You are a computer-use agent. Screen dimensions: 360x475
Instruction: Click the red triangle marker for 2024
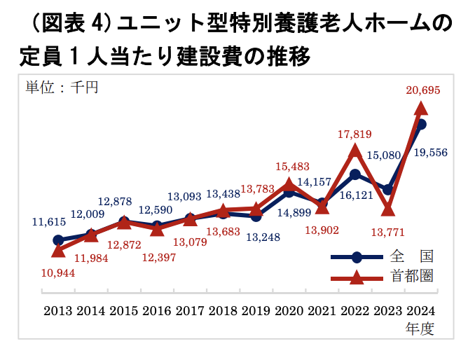[421, 107]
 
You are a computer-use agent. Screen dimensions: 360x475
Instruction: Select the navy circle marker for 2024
[421, 124]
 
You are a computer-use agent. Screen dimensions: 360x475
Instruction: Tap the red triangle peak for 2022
[354, 150]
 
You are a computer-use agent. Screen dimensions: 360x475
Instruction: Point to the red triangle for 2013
[59, 249]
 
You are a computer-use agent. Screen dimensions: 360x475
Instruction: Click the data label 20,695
[422, 90]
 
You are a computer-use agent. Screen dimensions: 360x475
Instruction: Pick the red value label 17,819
[354, 134]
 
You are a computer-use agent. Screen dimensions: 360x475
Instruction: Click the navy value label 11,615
[49, 222]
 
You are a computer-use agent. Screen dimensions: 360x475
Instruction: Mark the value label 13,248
[263, 237]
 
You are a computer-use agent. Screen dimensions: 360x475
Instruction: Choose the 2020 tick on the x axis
[288, 310]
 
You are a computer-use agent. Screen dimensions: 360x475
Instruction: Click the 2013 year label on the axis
[58, 310]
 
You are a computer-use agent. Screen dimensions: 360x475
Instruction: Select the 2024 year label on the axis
[420, 310]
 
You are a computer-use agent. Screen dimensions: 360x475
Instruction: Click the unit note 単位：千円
[63, 87]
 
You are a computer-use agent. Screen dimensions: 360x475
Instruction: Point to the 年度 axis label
[420, 327]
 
